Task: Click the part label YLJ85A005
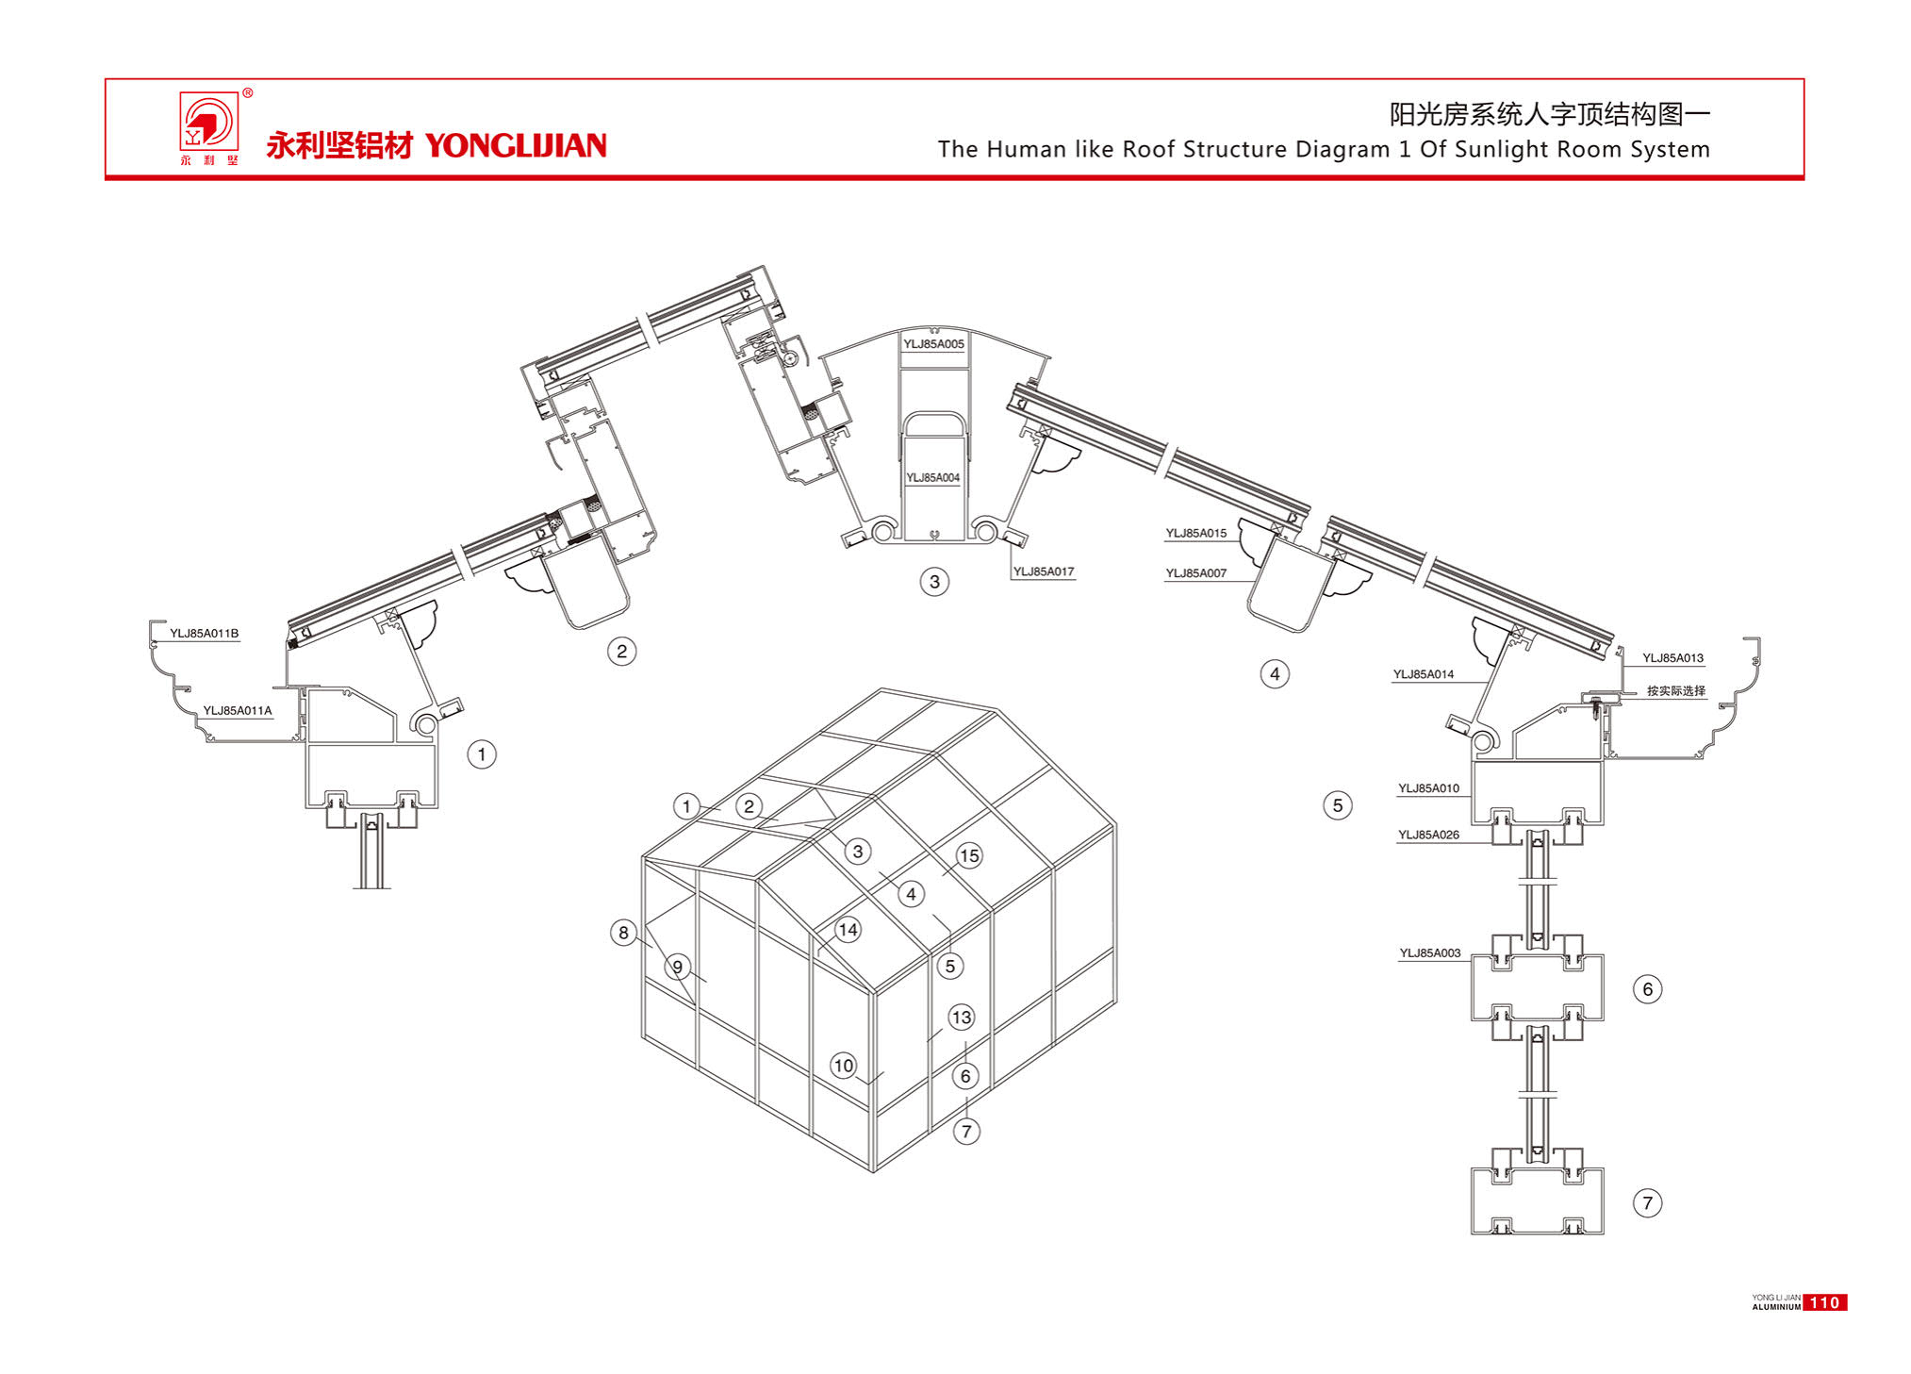tap(933, 344)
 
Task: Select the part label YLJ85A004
tap(932, 478)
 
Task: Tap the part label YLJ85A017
tap(1043, 571)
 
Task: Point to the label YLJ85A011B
tap(204, 634)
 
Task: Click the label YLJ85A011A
tap(237, 711)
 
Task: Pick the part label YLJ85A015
tap(1195, 534)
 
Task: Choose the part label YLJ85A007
tap(1195, 573)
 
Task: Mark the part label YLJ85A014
tap(1423, 674)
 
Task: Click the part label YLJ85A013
tap(1672, 658)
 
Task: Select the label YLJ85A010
tap(1427, 788)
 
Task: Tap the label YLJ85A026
tap(1427, 835)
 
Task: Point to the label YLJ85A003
tap(1429, 953)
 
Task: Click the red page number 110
tap(1824, 1302)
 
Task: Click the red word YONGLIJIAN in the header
tap(516, 145)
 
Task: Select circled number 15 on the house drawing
tap(969, 856)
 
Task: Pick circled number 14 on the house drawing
tap(848, 930)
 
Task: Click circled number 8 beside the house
tap(623, 933)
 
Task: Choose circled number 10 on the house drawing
tap(843, 1066)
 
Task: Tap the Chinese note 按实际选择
tap(1675, 691)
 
